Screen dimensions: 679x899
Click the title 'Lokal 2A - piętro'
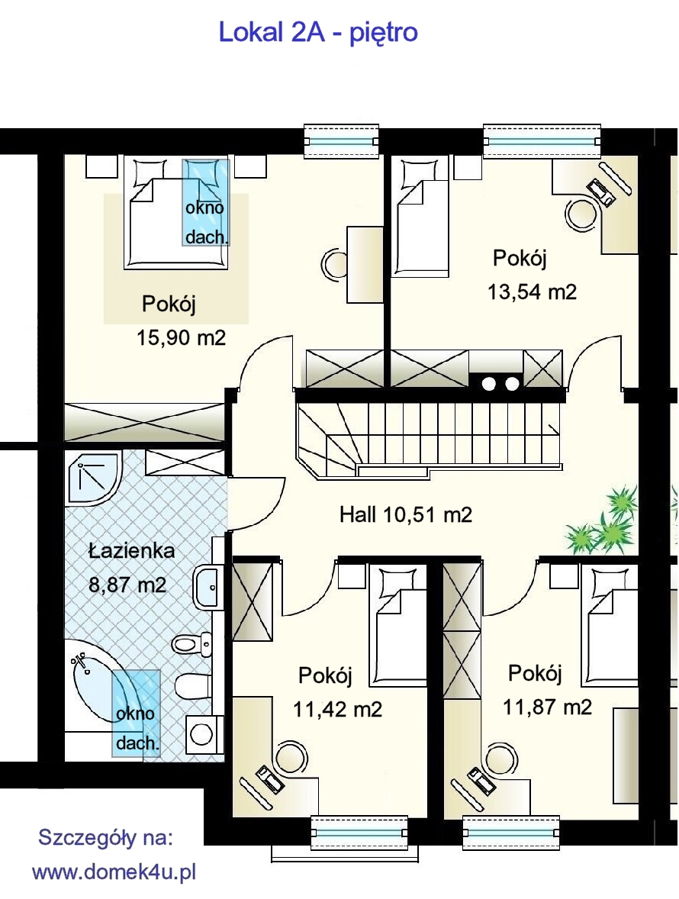click(x=318, y=33)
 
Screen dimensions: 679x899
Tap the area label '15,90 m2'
click(x=181, y=338)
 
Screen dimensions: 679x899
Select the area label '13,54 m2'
click(x=532, y=292)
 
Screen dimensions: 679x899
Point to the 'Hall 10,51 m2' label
click(x=406, y=514)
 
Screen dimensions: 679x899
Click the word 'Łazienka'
click(x=131, y=551)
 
